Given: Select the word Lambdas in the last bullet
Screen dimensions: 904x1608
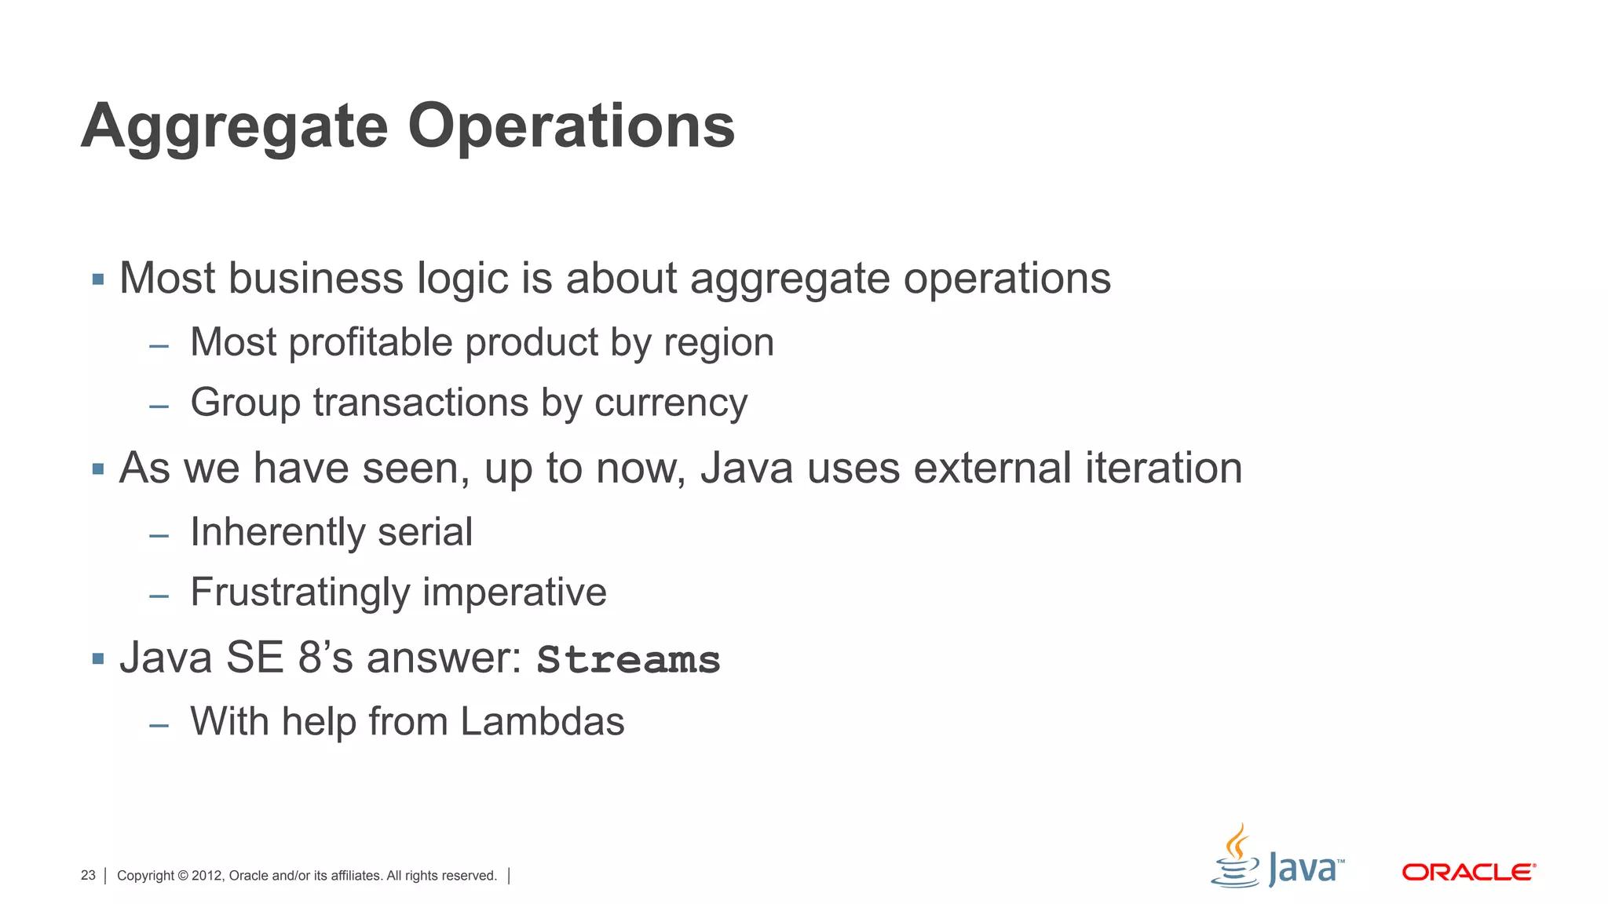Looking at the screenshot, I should [x=542, y=721].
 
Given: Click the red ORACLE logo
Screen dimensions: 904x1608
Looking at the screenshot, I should [x=1468, y=872].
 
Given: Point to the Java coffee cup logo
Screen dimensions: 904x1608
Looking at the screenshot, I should [x=1236, y=857].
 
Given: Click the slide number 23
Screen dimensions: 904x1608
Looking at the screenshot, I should [x=88, y=875].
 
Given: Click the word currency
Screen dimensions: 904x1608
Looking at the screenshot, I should [x=671, y=403].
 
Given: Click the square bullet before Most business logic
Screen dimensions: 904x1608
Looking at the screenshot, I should [x=98, y=279].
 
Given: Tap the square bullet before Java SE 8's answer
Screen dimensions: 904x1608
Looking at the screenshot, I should [x=98, y=658].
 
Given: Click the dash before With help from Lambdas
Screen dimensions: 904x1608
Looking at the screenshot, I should [x=159, y=724].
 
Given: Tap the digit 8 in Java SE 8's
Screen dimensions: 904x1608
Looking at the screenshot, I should [x=310, y=657].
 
